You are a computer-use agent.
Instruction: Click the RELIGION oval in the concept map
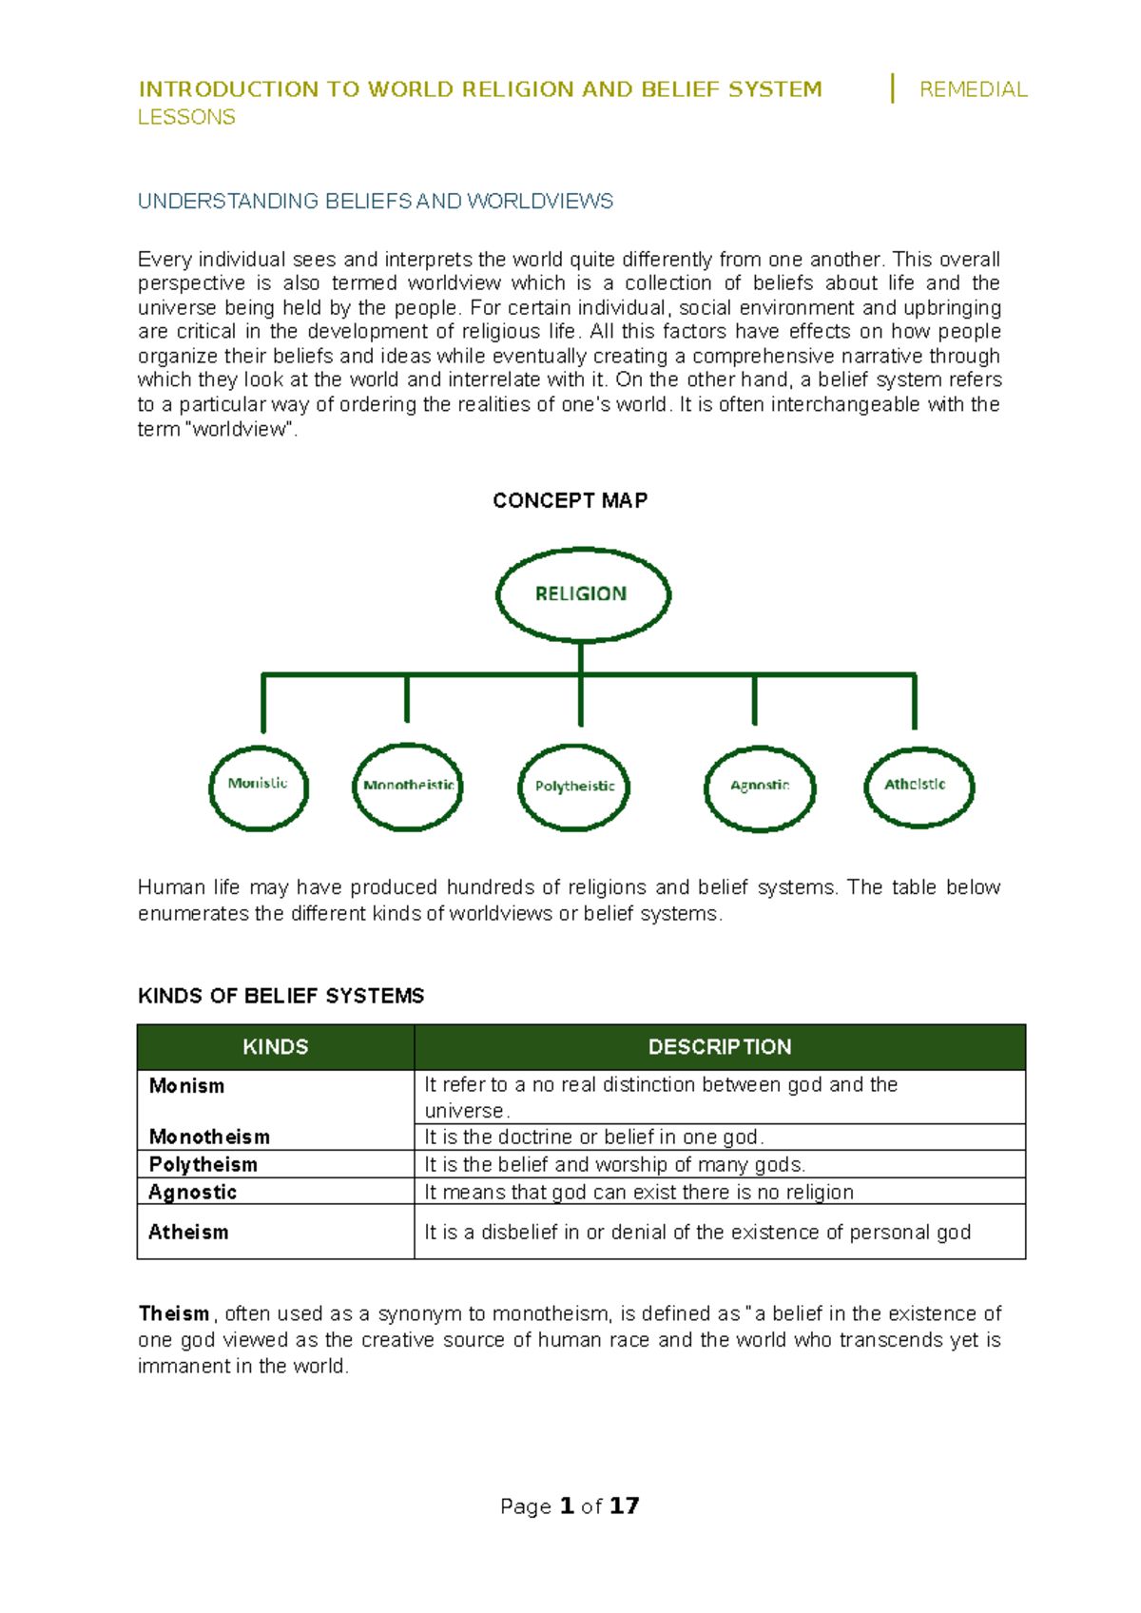click(583, 594)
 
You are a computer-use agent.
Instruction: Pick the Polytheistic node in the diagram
click(573, 787)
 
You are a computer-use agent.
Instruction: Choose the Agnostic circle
click(760, 787)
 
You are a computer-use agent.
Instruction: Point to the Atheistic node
click(919, 787)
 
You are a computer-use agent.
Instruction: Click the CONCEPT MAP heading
click(570, 500)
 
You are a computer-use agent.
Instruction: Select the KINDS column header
click(276, 1047)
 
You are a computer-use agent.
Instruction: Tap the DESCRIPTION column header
click(720, 1047)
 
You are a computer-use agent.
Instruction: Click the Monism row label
click(187, 1086)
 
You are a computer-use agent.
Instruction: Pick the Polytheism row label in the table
click(203, 1164)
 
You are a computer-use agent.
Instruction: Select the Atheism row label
click(188, 1232)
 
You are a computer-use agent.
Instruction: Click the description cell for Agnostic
click(639, 1192)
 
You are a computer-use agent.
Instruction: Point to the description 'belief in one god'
click(594, 1137)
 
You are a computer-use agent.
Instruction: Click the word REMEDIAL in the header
click(973, 89)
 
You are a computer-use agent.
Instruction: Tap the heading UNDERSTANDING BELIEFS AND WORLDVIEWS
click(376, 202)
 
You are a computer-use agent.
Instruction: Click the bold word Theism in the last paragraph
click(174, 1313)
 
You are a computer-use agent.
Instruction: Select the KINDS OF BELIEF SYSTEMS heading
click(281, 996)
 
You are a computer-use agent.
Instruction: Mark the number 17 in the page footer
click(625, 1506)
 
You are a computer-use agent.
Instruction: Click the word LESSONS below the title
click(186, 117)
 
